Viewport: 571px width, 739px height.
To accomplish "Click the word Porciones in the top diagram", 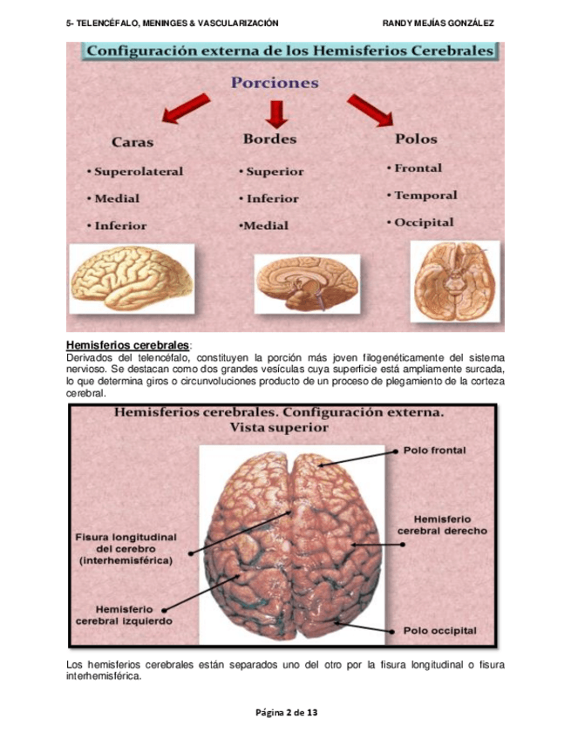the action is pyautogui.click(x=274, y=83).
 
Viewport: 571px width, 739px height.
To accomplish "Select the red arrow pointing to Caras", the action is pyautogui.click(x=185, y=109).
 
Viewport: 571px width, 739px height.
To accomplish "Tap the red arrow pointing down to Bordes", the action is pyautogui.click(x=277, y=112).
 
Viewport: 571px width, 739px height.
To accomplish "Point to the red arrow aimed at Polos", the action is pyautogui.click(x=370, y=110).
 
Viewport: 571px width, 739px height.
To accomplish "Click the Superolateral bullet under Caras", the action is pyautogui.click(x=138, y=172).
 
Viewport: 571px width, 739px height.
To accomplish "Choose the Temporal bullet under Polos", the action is pyautogui.click(x=425, y=195).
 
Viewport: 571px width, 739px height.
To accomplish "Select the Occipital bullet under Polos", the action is pyautogui.click(x=423, y=222).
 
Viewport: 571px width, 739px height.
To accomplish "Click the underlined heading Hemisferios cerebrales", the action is pyautogui.click(x=126, y=345).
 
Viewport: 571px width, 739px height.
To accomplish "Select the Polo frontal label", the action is pyautogui.click(x=435, y=451).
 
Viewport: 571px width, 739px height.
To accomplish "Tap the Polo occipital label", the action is pyautogui.click(x=439, y=630).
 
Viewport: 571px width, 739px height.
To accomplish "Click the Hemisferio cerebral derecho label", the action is pyautogui.click(x=442, y=524).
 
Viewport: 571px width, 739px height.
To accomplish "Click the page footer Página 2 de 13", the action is pyautogui.click(x=285, y=712).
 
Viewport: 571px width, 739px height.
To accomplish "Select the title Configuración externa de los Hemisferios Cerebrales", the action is pyautogui.click(x=289, y=51).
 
